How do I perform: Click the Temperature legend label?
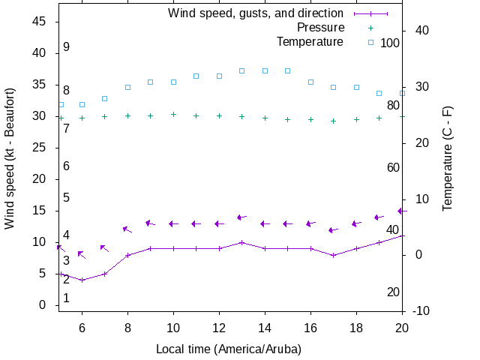310,42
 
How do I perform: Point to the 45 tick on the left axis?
41,22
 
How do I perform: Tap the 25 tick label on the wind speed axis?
41,148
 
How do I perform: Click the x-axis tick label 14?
265,328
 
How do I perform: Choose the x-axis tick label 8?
128,328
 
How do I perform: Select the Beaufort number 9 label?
67,47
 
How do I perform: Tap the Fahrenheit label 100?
390,43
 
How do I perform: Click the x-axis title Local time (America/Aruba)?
229,349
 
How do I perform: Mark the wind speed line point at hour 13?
242,242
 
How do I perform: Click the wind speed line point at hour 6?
82,280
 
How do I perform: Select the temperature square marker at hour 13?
242,70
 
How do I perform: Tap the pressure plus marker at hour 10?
174,115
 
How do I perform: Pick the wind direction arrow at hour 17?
333,230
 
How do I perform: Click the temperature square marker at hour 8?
128,87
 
